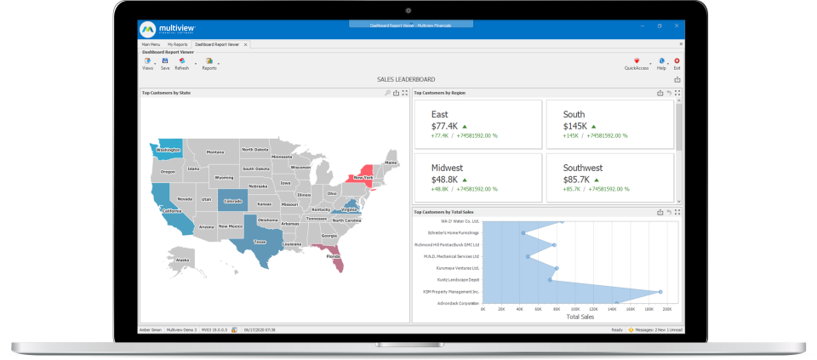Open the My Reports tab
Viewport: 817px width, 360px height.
pyautogui.click(x=177, y=43)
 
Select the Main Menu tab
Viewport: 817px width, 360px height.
pyautogui.click(x=151, y=43)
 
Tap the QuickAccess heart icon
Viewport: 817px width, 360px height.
pyautogui.click(x=637, y=61)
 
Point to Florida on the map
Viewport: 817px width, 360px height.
pyautogui.click(x=334, y=255)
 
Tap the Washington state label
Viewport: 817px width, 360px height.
pyautogui.click(x=169, y=150)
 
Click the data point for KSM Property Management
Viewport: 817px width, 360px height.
pyautogui.click(x=660, y=292)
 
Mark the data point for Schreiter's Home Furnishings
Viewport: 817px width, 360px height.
pyautogui.click(x=523, y=232)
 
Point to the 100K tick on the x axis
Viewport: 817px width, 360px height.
pyautogui.click(x=575, y=310)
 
